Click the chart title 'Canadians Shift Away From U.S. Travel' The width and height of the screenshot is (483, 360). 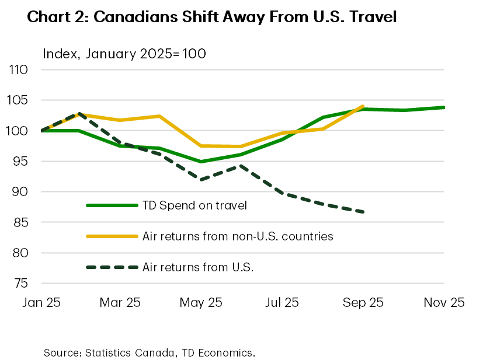coord(211,18)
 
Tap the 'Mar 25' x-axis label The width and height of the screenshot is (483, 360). coord(120,302)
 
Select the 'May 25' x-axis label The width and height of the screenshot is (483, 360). coord(201,302)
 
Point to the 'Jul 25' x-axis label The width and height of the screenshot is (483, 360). coord(283,302)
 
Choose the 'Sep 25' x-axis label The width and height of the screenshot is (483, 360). coord(363,302)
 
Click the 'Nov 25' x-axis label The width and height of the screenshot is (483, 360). coord(444,302)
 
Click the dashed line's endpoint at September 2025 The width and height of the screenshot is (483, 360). coord(364,212)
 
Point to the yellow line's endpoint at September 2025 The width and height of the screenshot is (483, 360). coord(364,106)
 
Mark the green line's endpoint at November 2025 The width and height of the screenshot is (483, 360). coord(444,107)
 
